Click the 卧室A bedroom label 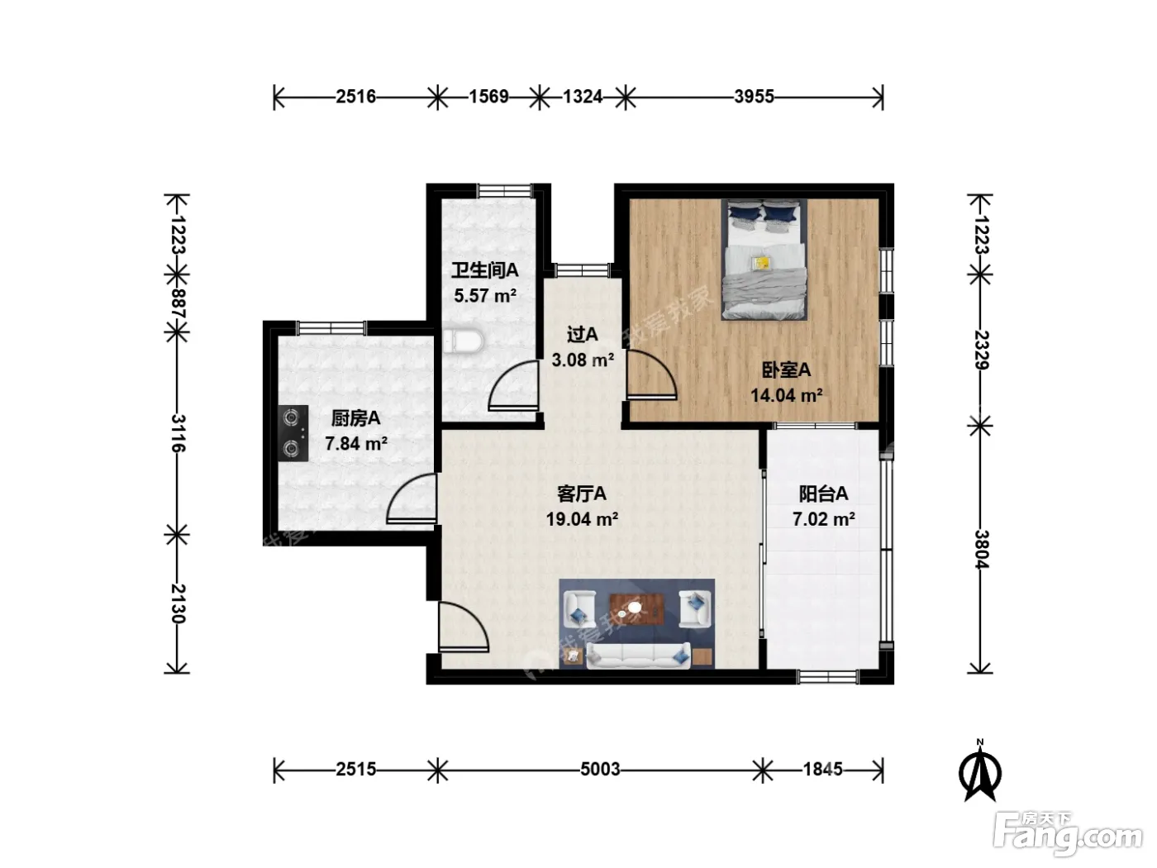pyautogui.click(x=786, y=370)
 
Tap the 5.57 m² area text pyautogui.click(x=485, y=296)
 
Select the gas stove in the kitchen pyautogui.click(x=293, y=433)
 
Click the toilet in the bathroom pyautogui.click(x=462, y=341)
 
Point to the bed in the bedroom pyautogui.click(x=764, y=260)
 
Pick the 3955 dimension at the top pyautogui.click(x=754, y=97)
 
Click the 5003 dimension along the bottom pyautogui.click(x=600, y=770)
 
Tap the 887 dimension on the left pyautogui.click(x=178, y=304)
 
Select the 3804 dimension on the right pyautogui.click(x=980, y=549)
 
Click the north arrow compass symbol pyautogui.click(x=980, y=771)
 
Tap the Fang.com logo pyautogui.click(x=1067, y=834)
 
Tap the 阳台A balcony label pyautogui.click(x=823, y=494)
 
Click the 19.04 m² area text pyautogui.click(x=582, y=519)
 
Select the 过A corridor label pyautogui.click(x=582, y=334)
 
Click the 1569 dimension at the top pyautogui.click(x=488, y=97)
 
